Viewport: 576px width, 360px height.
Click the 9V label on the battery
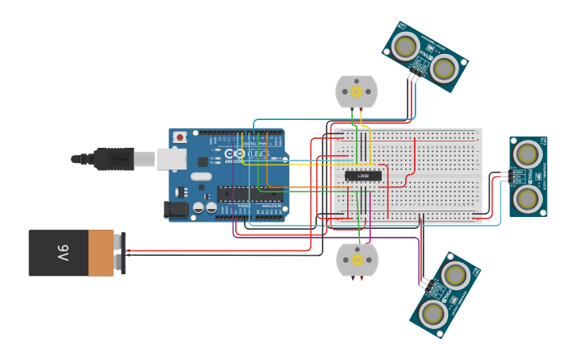click(x=62, y=254)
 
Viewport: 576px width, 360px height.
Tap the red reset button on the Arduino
click(x=180, y=137)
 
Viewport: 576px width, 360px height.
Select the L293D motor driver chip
click(x=363, y=176)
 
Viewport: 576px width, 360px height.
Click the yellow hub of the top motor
click(x=356, y=91)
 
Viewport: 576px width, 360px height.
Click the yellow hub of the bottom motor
click(x=357, y=260)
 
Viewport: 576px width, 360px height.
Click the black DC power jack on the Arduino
click(x=177, y=210)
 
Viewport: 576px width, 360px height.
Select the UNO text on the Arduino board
click(x=258, y=153)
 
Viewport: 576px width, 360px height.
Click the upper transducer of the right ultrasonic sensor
click(x=527, y=153)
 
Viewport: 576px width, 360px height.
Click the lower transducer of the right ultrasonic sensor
click(x=527, y=198)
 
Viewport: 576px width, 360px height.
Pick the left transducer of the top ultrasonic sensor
click(x=405, y=46)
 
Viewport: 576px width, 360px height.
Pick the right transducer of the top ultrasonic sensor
click(x=443, y=68)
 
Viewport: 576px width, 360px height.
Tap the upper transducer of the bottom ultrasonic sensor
click(x=454, y=276)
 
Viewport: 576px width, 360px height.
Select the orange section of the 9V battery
click(x=100, y=254)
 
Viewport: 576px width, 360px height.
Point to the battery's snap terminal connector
click(x=120, y=253)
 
